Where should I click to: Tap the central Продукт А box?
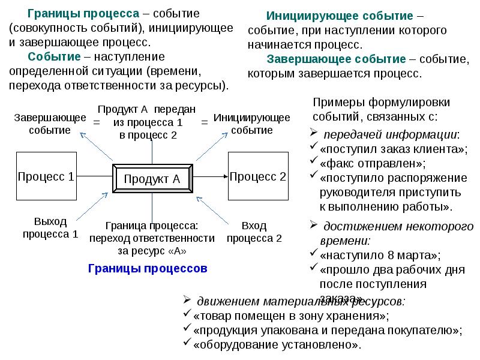tap(152, 178)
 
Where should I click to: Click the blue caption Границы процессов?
tap(147, 269)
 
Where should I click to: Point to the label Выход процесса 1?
tap(50, 228)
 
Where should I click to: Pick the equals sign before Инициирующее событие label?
tap(205, 122)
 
